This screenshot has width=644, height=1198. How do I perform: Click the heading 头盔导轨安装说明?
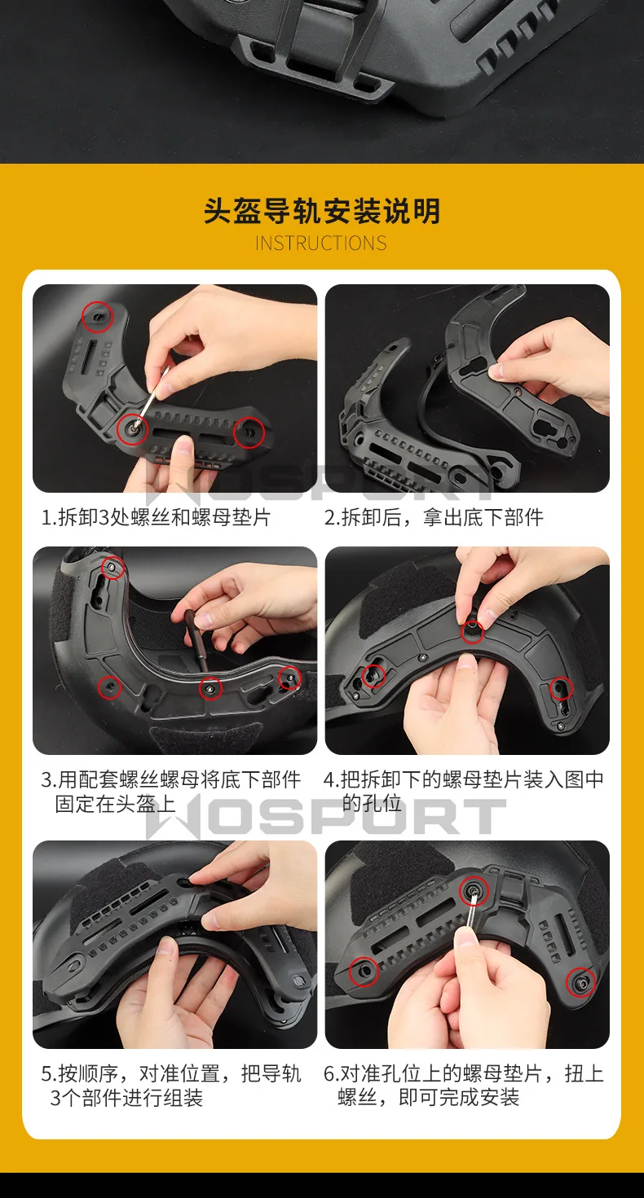[322, 211]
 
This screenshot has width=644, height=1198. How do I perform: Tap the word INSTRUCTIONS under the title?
[320, 244]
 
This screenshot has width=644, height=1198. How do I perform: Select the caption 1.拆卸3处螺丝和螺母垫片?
[157, 517]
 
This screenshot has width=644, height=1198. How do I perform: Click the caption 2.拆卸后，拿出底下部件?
[434, 517]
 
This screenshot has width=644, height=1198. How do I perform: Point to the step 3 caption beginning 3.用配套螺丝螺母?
[170, 792]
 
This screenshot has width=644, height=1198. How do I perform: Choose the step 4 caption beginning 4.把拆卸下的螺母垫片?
[464, 792]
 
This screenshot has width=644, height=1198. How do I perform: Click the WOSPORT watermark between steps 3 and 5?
[325, 817]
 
